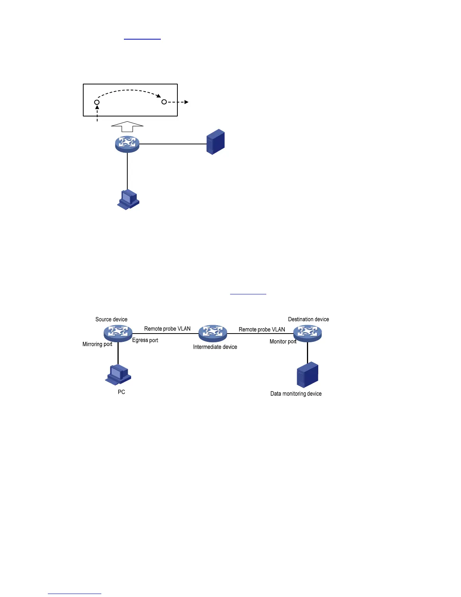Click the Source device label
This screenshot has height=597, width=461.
click(111, 319)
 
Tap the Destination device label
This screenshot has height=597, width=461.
click(308, 319)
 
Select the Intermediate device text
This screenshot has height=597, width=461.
click(215, 347)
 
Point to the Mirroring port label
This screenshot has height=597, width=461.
click(97, 344)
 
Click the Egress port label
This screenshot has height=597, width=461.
click(145, 340)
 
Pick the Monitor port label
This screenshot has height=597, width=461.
click(283, 341)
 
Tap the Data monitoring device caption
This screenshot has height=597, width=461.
click(296, 393)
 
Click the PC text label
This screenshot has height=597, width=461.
click(121, 392)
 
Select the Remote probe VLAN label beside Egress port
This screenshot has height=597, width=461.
click(167, 329)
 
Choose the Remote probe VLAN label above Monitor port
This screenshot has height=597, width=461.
click(262, 329)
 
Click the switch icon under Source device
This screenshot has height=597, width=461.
click(118, 333)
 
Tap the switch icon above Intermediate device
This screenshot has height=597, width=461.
click(213, 333)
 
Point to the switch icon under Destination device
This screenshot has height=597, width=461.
click(308, 333)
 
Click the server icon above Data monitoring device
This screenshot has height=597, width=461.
click(307, 375)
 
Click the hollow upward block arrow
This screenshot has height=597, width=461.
click(127, 126)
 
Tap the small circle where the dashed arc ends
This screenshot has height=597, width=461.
click(164, 102)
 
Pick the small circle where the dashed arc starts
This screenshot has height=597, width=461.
click(97, 102)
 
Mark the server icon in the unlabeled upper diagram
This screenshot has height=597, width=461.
click(215, 142)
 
